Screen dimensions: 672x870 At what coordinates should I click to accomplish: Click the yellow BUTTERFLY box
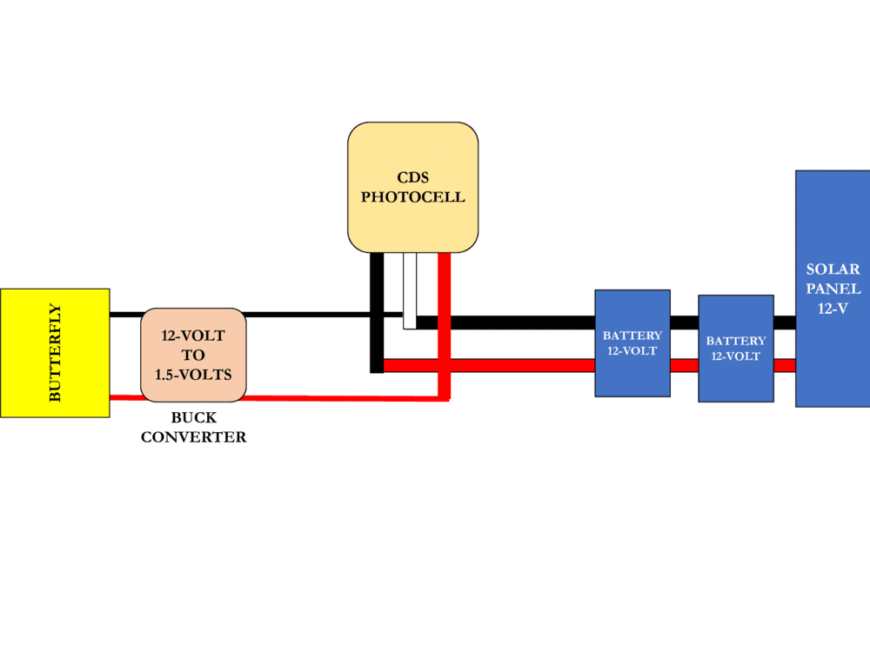pos(55,352)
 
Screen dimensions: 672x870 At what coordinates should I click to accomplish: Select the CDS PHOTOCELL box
pos(412,187)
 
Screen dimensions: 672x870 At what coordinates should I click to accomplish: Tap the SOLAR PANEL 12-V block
pos(832,288)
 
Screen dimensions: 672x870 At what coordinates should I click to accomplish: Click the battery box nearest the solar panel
pos(735,348)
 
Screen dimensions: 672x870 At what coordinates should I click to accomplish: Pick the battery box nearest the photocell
pos(632,343)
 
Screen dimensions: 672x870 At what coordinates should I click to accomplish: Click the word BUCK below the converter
pos(193,418)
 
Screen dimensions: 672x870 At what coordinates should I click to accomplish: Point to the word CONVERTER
pos(193,437)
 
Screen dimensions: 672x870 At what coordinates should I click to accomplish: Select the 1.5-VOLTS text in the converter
pos(193,375)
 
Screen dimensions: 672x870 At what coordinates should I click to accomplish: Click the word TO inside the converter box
pos(193,355)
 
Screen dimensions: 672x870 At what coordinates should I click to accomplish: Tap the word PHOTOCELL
pos(412,197)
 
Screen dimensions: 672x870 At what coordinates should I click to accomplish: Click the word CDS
pos(412,178)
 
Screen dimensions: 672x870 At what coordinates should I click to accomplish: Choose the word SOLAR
pos(833,269)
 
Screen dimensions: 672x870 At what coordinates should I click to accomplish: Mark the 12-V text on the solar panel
pos(833,308)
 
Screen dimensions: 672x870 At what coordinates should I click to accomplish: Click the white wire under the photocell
pos(409,291)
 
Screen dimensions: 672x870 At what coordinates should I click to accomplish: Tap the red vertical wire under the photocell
pos(444,326)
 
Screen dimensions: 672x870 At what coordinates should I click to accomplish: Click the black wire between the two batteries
pos(684,323)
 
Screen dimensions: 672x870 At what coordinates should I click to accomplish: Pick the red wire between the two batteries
pos(684,365)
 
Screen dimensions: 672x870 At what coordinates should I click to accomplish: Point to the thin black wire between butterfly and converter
pos(125,314)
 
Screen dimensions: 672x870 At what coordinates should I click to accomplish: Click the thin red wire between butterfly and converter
pos(125,398)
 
